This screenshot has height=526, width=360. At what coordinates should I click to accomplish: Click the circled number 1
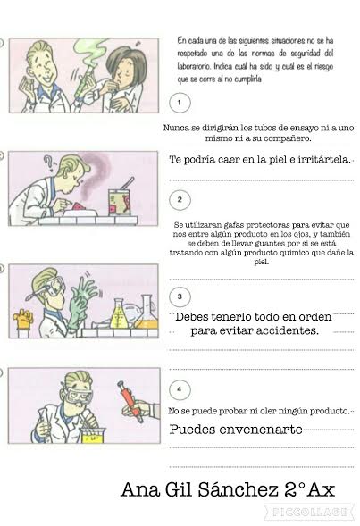click(x=180, y=103)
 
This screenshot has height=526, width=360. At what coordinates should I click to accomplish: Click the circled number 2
click(x=180, y=200)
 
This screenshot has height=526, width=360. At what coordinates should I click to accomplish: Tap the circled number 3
click(x=180, y=296)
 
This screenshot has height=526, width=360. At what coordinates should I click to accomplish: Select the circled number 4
click(x=180, y=389)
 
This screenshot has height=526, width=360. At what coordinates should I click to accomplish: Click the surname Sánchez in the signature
click(x=239, y=489)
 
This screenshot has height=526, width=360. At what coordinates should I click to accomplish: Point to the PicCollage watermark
click(x=309, y=513)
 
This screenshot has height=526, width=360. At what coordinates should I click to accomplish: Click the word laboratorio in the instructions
click(x=194, y=66)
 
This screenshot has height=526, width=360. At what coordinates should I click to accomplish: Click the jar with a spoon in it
click(x=119, y=199)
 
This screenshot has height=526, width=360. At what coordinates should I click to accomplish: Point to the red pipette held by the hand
click(x=130, y=402)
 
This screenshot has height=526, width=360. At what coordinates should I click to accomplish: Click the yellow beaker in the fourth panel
click(x=93, y=435)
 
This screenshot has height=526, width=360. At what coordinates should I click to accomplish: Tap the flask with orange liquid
click(x=146, y=313)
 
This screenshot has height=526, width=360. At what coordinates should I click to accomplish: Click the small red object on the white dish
click(x=79, y=205)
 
